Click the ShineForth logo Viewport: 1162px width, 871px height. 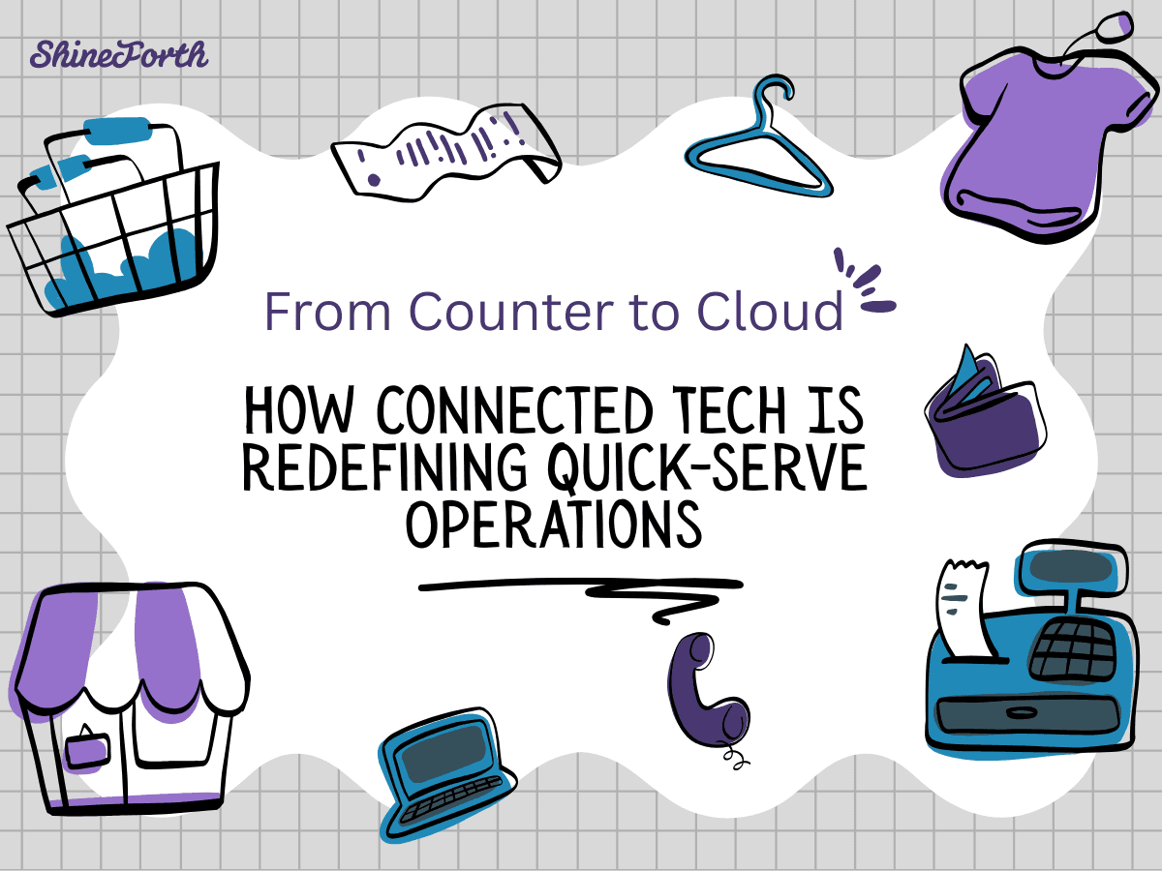[x=118, y=54]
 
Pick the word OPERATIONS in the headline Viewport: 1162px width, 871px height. [x=552, y=525]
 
